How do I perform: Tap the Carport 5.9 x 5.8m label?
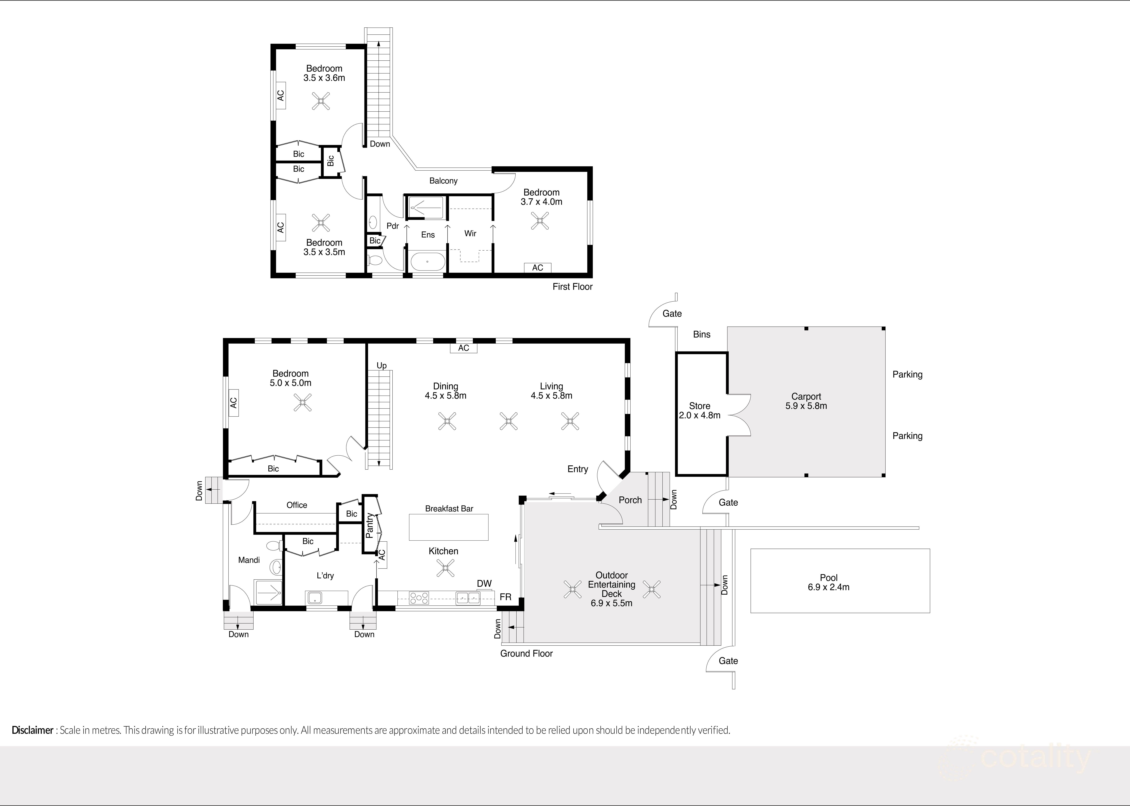point(806,401)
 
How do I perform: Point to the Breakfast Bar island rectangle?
point(449,527)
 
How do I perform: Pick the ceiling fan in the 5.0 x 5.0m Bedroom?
point(302,403)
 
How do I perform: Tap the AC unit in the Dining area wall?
point(463,348)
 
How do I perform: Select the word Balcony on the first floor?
point(443,181)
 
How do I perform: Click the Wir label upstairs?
point(470,233)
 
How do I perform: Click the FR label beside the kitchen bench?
point(505,597)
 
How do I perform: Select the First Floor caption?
point(572,286)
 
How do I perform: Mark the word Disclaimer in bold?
point(32,730)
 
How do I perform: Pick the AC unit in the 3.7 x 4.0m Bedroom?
point(537,268)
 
